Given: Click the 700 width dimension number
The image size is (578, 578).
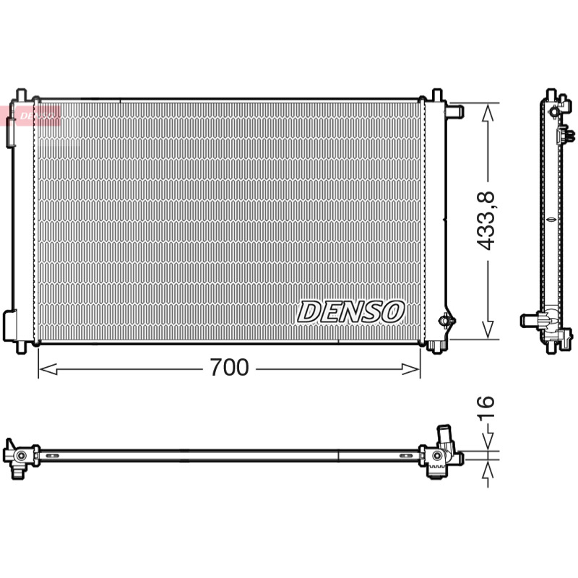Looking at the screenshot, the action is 229,367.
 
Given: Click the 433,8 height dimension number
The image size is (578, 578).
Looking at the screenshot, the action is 485,221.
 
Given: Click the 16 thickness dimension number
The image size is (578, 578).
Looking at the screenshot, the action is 485,407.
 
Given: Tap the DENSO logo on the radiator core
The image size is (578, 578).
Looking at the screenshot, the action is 351,312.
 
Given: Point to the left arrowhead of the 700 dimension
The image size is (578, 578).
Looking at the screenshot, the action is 48,368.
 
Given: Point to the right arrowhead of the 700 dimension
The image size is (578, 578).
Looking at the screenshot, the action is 410,368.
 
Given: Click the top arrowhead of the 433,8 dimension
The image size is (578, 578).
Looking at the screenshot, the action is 488,113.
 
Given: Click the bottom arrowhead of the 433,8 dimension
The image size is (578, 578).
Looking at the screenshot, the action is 488,329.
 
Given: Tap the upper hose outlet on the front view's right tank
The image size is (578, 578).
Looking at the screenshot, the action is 455,111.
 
